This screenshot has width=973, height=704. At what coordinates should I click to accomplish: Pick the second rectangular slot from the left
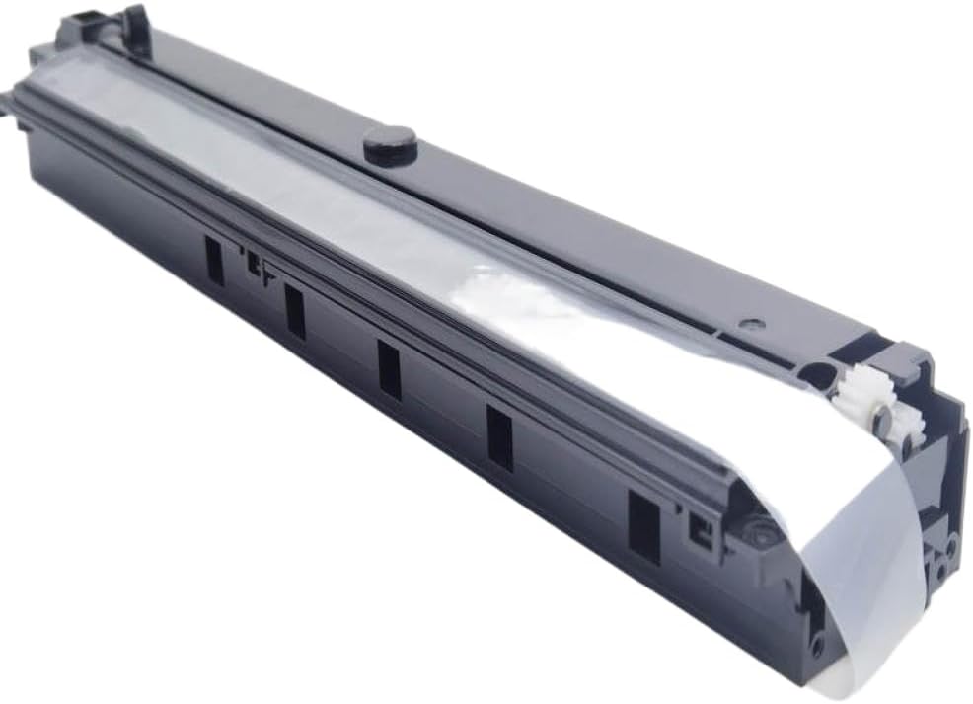point(294,311)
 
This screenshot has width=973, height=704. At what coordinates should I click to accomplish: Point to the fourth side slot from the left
point(499,437)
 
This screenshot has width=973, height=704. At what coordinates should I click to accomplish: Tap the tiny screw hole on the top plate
point(754,322)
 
